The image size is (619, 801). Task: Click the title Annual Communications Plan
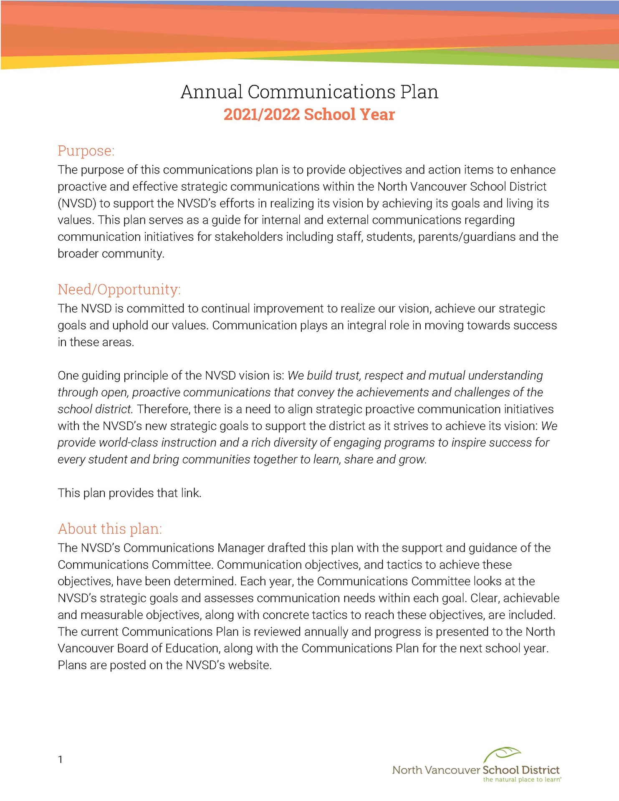309,92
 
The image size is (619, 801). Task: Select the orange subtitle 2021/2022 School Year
309,115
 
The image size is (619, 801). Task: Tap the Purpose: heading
86,151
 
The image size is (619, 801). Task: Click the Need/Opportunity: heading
119,289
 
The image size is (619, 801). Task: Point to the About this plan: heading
110,529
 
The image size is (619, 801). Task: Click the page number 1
61,759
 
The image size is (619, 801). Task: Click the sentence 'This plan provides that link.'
129,493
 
